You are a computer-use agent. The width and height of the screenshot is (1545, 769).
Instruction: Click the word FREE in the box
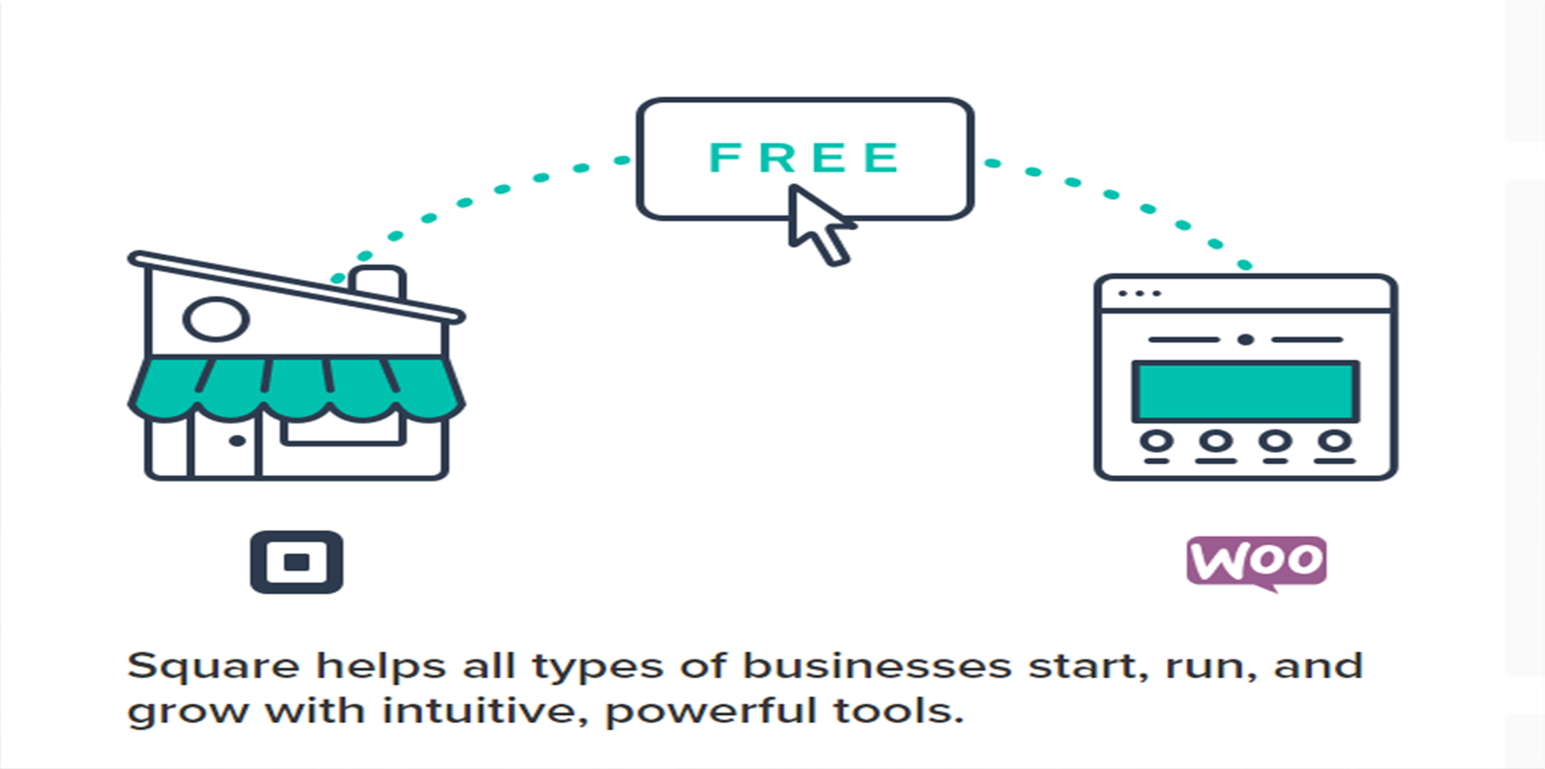tap(804, 157)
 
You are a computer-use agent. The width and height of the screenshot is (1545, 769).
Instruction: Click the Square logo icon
tap(296, 562)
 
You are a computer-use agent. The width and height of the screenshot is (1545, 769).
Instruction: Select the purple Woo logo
tap(1256, 562)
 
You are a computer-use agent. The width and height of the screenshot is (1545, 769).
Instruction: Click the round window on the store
tap(215, 319)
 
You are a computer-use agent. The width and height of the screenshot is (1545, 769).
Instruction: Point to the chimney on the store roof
tap(377, 281)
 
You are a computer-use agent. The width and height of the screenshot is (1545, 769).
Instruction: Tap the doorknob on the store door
tap(237, 441)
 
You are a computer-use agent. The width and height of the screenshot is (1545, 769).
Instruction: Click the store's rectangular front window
tap(343, 430)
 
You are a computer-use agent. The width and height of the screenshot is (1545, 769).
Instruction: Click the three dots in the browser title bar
tap(1139, 293)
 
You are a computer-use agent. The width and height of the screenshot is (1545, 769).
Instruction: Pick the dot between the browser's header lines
tap(1245, 339)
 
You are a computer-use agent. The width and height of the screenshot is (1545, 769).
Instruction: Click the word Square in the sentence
tap(213, 667)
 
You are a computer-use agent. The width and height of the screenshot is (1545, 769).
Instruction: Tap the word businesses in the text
tap(876, 665)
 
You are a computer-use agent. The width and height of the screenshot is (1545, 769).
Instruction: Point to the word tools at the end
tap(898, 710)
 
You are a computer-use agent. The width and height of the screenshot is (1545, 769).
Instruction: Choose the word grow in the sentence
tap(187, 712)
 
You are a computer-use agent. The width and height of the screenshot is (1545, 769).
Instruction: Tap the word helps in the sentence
tap(381, 667)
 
